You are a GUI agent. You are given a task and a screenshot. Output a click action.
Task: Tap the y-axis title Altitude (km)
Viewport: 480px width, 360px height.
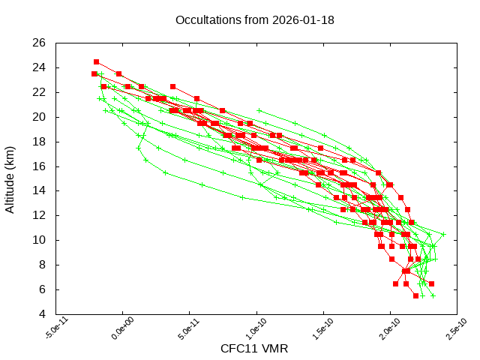point(10,178)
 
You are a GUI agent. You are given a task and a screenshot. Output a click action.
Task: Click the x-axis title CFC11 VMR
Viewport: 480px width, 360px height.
point(254,349)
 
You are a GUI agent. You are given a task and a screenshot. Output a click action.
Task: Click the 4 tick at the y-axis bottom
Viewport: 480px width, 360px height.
point(43,313)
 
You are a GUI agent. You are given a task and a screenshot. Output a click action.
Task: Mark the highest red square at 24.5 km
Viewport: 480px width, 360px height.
point(96,61)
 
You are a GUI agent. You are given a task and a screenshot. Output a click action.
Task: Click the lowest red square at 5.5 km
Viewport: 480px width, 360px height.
point(415,295)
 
